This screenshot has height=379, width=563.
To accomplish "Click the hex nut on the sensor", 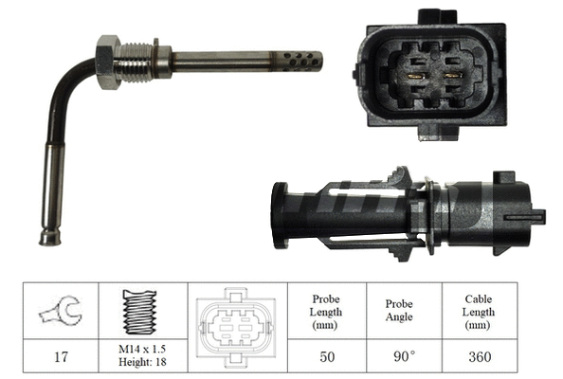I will point(107,62).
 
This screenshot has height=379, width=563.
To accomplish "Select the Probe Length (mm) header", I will point(325,312).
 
